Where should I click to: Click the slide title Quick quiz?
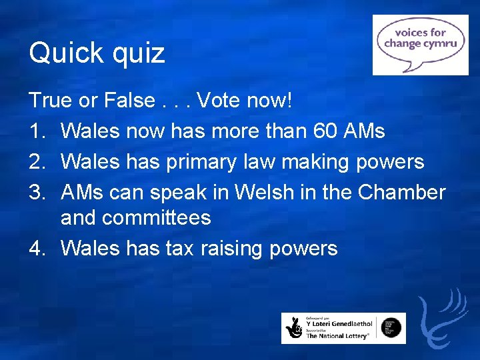click(x=97, y=53)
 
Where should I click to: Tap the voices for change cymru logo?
click(x=420, y=44)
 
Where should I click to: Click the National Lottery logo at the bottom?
click(x=343, y=328)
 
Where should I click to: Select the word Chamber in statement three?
click(x=401, y=192)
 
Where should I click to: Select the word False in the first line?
click(x=129, y=101)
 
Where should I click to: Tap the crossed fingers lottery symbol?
click(x=294, y=329)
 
